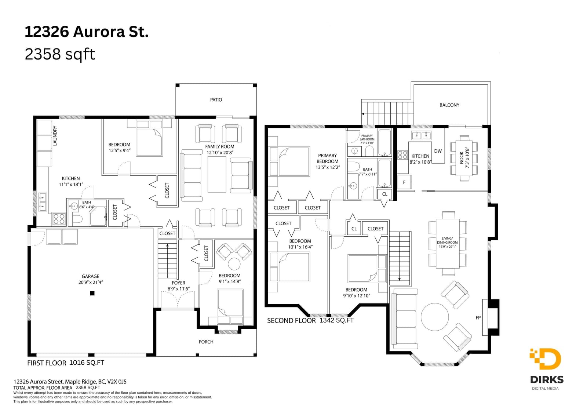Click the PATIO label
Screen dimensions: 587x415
tap(216, 100)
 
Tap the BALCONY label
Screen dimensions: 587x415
tap(449, 105)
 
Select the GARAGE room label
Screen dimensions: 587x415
tap(90, 276)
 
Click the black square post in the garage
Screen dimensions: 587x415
tap(92, 293)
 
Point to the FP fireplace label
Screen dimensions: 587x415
tap(478, 318)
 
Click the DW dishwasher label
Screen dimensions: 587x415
tap(438, 151)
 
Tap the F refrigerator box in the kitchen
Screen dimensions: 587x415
tap(404, 182)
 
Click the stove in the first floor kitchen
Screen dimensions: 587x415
tap(59, 219)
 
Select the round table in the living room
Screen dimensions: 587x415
tap(434, 317)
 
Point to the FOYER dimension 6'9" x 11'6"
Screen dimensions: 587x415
tap(178, 289)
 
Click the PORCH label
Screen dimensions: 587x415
tap(206, 342)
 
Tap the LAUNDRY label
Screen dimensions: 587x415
tap(55, 135)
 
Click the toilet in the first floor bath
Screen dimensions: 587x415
tap(77, 219)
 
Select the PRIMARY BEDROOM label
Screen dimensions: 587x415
tap(327, 159)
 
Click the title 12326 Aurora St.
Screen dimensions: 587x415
tap(87, 32)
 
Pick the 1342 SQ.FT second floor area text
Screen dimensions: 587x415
tap(336, 320)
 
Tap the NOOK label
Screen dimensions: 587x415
tap(462, 157)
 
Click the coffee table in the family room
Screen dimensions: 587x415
tap(217, 174)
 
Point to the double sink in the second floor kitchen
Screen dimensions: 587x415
tap(421, 135)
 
